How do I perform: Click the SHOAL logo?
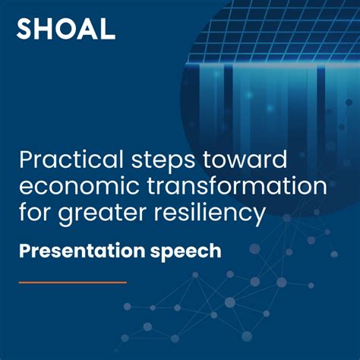click(x=66, y=30)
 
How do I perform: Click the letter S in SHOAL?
click(x=25, y=30)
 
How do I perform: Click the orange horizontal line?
click(x=72, y=282)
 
